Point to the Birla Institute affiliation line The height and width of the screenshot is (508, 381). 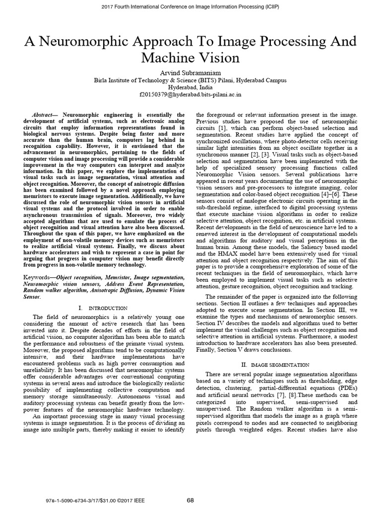click(x=190, y=79)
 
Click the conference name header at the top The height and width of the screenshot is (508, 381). click(x=190, y=6)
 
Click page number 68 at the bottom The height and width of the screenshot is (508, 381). click(x=190, y=500)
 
